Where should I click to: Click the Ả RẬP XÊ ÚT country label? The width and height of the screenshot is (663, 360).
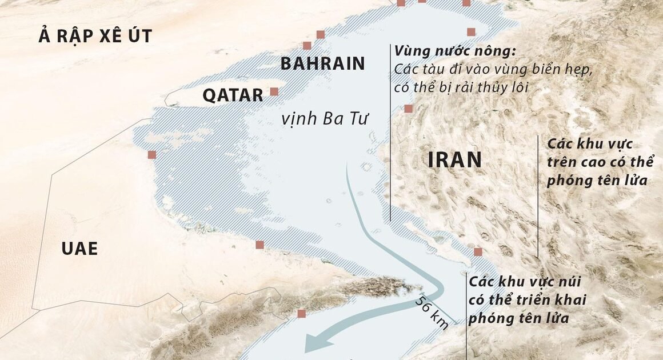pyautogui.click(x=95, y=37)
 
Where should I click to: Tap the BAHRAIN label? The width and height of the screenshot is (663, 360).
pyautogui.click(x=322, y=63)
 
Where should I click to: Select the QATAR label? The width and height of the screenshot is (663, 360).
pyautogui.click(x=233, y=95)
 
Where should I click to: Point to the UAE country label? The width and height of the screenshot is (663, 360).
pyautogui.click(x=79, y=249)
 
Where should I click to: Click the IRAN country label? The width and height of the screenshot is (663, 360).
pyautogui.click(x=455, y=161)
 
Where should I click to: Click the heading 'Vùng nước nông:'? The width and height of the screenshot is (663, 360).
pyautogui.click(x=455, y=51)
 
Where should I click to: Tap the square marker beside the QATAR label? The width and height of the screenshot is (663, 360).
pyautogui.click(x=274, y=91)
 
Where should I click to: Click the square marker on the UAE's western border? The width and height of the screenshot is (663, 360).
pyautogui.click(x=151, y=155)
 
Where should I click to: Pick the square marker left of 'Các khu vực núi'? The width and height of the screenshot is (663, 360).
pyautogui.click(x=478, y=252)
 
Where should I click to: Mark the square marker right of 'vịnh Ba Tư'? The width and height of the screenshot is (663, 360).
pyautogui.click(x=408, y=109)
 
